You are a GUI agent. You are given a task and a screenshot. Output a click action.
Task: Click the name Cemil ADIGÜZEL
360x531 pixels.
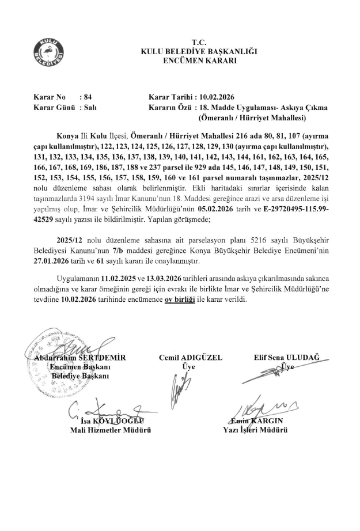point(190,358)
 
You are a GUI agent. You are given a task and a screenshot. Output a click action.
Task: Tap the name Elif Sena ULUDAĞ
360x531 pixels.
point(286,358)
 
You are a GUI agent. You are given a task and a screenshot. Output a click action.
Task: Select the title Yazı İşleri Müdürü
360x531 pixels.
point(256,430)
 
